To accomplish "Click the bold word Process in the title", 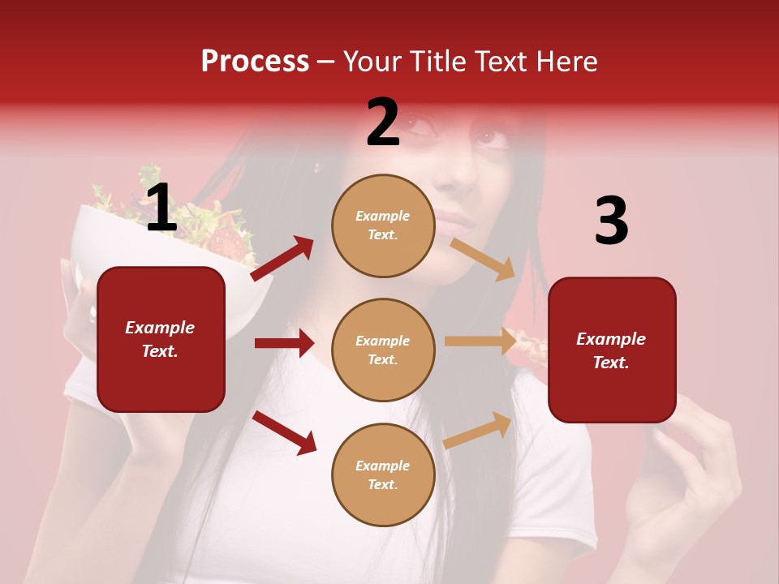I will point(255,62).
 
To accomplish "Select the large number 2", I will point(383,122).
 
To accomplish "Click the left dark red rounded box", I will point(161,339).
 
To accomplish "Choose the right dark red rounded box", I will point(612,350).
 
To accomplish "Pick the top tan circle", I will point(383,225).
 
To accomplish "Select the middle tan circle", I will point(383,350).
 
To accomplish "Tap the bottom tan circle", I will point(383,474).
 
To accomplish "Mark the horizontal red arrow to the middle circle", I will point(284,343).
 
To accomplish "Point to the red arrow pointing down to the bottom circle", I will point(285,432).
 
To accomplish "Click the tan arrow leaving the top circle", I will point(483,260).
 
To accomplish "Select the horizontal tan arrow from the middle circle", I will point(480,341).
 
